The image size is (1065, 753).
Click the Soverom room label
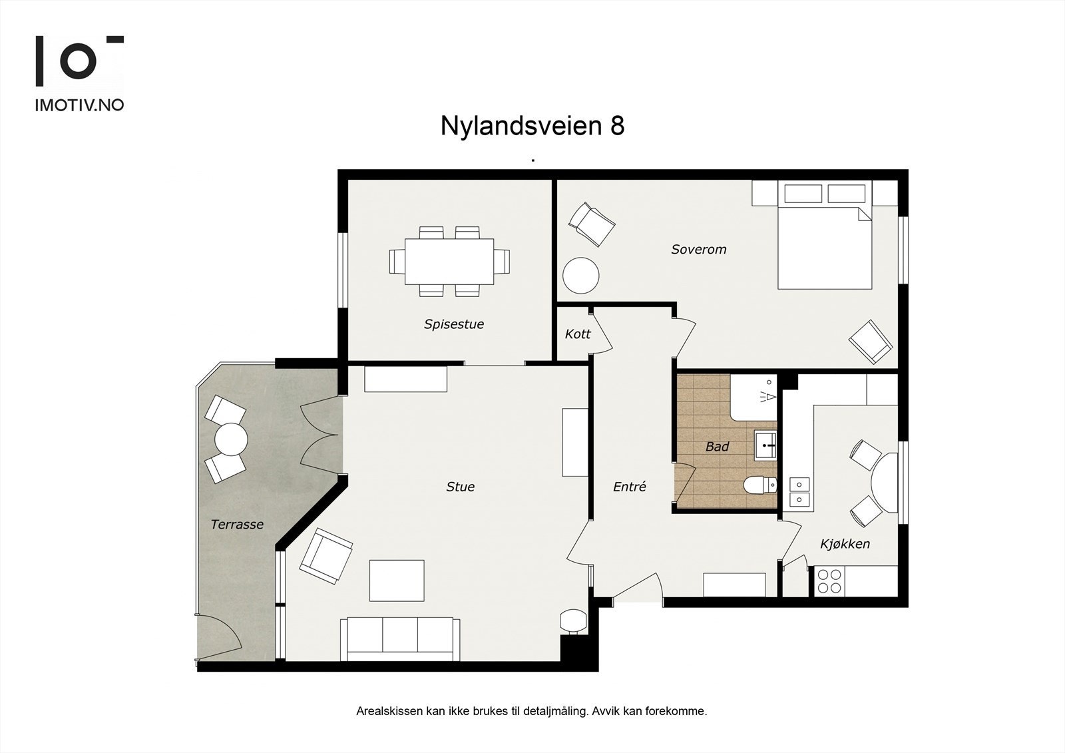pyautogui.click(x=698, y=250)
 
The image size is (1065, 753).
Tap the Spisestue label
pyautogui.click(x=454, y=324)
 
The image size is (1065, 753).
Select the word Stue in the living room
pyautogui.click(x=460, y=487)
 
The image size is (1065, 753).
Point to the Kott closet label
pyautogui.click(x=577, y=334)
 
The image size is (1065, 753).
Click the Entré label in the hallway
pyautogui.click(x=629, y=487)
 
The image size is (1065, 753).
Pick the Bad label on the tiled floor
pyautogui.click(x=717, y=447)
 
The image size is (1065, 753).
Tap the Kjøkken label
pyautogui.click(x=845, y=544)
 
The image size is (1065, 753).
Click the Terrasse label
pyautogui.click(x=237, y=525)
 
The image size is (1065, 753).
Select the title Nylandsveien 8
pyautogui.click(x=532, y=126)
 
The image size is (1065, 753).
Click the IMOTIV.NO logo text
pyautogui.click(x=79, y=105)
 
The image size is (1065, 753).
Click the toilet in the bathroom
pyautogui.click(x=759, y=485)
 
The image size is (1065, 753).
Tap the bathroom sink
pyautogui.click(x=765, y=445)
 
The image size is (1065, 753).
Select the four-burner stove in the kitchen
pyautogui.click(x=829, y=581)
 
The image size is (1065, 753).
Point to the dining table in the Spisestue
pyautogui.click(x=450, y=261)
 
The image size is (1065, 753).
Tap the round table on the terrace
pyautogui.click(x=231, y=439)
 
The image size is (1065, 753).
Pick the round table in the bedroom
pyautogui.click(x=581, y=276)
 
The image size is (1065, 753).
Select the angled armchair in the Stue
pyautogui.click(x=325, y=555)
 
